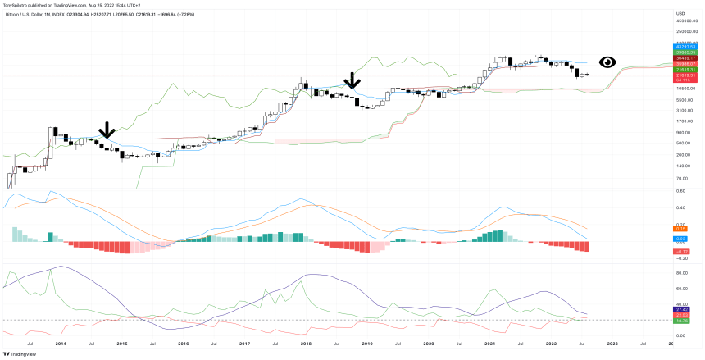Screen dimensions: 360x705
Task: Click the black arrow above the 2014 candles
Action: click(106, 130)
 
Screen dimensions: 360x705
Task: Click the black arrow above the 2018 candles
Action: click(352, 80)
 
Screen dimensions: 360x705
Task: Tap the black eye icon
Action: click(607, 62)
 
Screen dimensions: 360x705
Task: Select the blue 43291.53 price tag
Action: click(685, 47)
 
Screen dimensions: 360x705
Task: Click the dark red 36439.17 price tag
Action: click(685, 58)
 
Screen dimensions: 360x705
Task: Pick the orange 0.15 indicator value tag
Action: click(681, 228)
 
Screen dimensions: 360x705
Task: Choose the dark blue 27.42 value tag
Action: click(681, 309)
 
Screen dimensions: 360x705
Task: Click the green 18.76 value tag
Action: click(681, 321)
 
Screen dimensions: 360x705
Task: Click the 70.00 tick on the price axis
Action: click(681, 177)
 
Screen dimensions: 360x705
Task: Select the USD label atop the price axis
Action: click(680, 14)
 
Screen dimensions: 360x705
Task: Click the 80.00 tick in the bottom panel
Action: click(681, 271)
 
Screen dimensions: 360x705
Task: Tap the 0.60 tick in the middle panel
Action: click(681, 191)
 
